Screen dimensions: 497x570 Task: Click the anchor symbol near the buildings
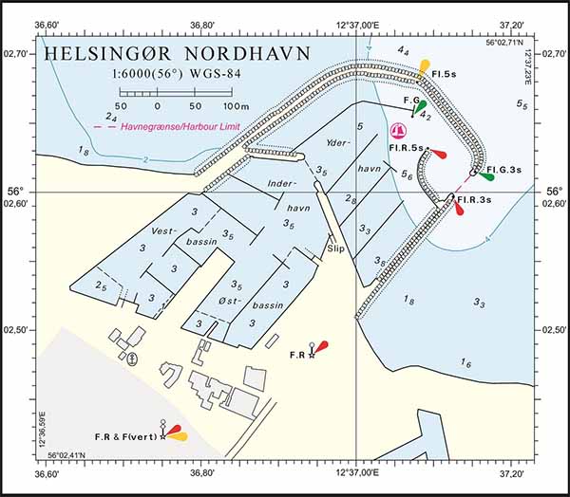pyautogui.click(x=132, y=357)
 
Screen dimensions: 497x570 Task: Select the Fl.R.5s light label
pyautogui.click(x=407, y=149)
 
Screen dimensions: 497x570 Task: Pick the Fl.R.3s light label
pyautogui.click(x=473, y=200)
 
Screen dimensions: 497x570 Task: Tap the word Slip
pyautogui.click(x=334, y=248)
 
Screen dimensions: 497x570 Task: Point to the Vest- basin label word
pyautogui.click(x=165, y=230)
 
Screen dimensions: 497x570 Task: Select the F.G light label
pyautogui.click(x=412, y=100)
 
